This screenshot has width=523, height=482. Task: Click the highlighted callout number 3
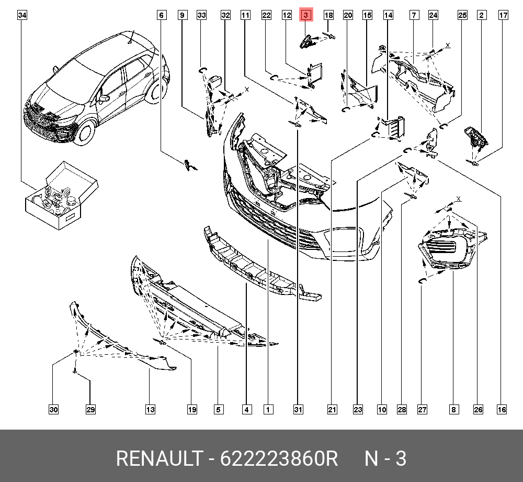point(306,15)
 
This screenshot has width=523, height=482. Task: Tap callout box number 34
point(22,15)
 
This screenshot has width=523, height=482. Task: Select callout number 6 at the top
point(162,15)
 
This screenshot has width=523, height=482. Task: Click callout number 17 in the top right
point(503,15)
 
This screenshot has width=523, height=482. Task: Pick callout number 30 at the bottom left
point(53,410)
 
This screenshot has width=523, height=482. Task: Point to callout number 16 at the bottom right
point(502,410)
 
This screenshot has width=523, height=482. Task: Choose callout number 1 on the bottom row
point(267,410)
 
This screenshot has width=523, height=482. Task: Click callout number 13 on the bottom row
point(150,410)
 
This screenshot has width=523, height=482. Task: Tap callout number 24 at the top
point(433,15)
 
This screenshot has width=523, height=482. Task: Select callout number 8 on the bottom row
point(453,410)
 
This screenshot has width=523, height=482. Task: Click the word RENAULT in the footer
point(158,459)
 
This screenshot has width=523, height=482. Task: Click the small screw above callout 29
point(75,370)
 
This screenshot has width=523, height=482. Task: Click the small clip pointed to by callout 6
point(189,165)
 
